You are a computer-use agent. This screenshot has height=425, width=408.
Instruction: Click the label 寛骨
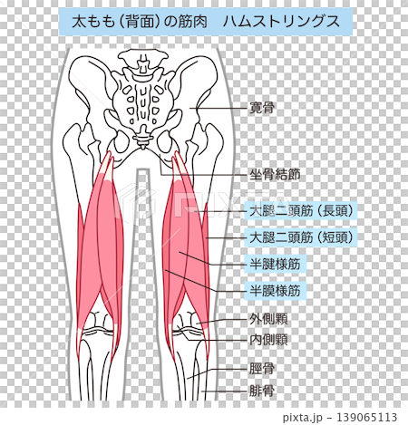click(262, 108)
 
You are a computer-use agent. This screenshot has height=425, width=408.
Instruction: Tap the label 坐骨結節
click(275, 175)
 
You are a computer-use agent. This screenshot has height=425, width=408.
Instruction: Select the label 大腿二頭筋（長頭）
click(301, 211)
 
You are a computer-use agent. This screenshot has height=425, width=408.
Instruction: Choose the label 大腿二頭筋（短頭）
click(301, 237)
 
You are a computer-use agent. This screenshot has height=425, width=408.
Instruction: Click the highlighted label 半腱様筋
click(275, 265)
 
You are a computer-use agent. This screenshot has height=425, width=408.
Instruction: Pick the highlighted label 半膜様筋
click(275, 291)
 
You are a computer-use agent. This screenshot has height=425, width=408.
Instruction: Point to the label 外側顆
click(268, 319)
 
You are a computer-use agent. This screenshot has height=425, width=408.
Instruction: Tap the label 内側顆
click(268, 340)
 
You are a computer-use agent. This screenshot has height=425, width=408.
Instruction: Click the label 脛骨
click(262, 369)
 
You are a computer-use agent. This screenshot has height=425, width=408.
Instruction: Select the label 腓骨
click(262, 391)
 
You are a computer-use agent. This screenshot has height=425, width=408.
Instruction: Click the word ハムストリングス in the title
click(282, 22)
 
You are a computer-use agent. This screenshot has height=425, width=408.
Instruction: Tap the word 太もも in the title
click(93, 22)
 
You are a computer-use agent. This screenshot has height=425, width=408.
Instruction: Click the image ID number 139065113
click(366, 418)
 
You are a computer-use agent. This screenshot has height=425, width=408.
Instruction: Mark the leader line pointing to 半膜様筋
click(206, 281)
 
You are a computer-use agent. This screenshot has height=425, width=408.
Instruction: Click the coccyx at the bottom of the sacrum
click(142, 139)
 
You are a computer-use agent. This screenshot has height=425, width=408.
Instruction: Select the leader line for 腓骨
click(224, 391)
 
